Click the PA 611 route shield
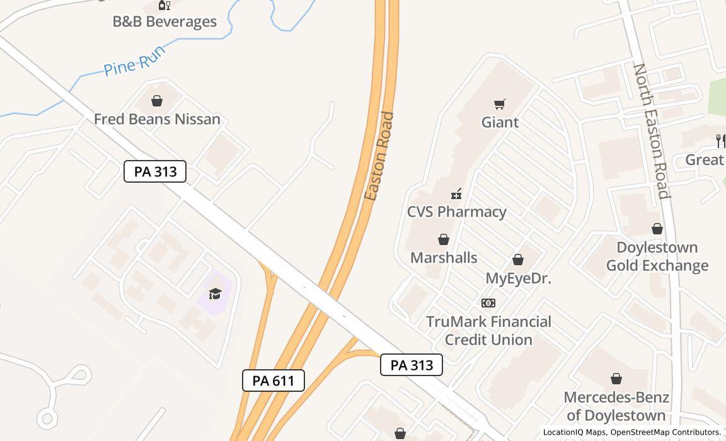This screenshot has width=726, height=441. pyautogui.click(x=274, y=381)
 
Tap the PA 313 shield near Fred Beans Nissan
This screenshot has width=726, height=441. pyautogui.click(x=155, y=171)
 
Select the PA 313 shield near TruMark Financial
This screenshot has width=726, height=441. pyautogui.click(x=412, y=365)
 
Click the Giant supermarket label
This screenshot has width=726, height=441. pyautogui.click(x=500, y=122)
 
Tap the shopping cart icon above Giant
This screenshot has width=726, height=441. pyautogui.click(x=500, y=104)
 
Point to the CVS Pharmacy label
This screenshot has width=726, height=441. pyautogui.click(x=456, y=212)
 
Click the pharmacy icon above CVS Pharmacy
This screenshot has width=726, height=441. pyautogui.click(x=456, y=194)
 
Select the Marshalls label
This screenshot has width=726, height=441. pyautogui.click(x=444, y=258)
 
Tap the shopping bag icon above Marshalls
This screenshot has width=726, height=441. pyautogui.click(x=444, y=239)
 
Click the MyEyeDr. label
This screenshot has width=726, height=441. pyautogui.click(x=518, y=278)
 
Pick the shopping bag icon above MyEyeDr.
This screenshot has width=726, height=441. pyautogui.click(x=518, y=260)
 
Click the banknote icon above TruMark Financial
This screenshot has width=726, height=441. pyautogui.click(x=488, y=303)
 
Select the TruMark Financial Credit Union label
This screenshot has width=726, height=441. pyautogui.click(x=488, y=331)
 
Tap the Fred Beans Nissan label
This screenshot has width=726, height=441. pyautogui.click(x=157, y=119)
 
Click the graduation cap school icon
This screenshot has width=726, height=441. pyautogui.click(x=215, y=294)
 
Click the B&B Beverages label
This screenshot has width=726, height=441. pyautogui.click(x=164, y=21)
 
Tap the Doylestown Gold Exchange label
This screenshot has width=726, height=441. pyautogui.click(x=657, y=256)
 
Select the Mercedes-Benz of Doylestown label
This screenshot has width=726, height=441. pyautogui.click(x=616, y=406)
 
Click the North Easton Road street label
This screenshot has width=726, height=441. pyautogui.click(x=652, y=130)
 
